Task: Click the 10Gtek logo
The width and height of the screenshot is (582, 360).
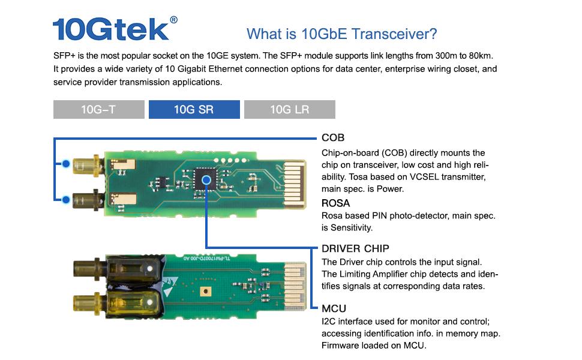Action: pyautogui.click(x=110, y=29)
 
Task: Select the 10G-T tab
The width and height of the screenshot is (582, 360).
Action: pyautogui.click(x=99, y=109)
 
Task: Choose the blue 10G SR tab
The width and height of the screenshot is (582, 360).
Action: pyautogui.click(x=194, y=109)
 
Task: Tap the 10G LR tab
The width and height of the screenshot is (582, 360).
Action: pyautogui.click(x=290, y=109)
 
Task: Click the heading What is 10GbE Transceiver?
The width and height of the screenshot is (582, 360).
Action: pyautogui.click(x=342, y=34)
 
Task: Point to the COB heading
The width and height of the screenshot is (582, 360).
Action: pyautogui.click(x=333, y=138)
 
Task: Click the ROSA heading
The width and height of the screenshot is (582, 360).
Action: pyautogui.click(x=335, y=203)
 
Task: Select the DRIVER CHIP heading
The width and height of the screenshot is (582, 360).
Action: pyautogui.click(x=355, y=248)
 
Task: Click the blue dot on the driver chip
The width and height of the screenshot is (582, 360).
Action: pyautogui.click(x=206, y=178)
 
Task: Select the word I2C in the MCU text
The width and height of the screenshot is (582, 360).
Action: pyautogui.click(x=329, y=322)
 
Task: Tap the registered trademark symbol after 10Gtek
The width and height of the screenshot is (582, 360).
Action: pyautogui.click(x=174, y=19)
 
